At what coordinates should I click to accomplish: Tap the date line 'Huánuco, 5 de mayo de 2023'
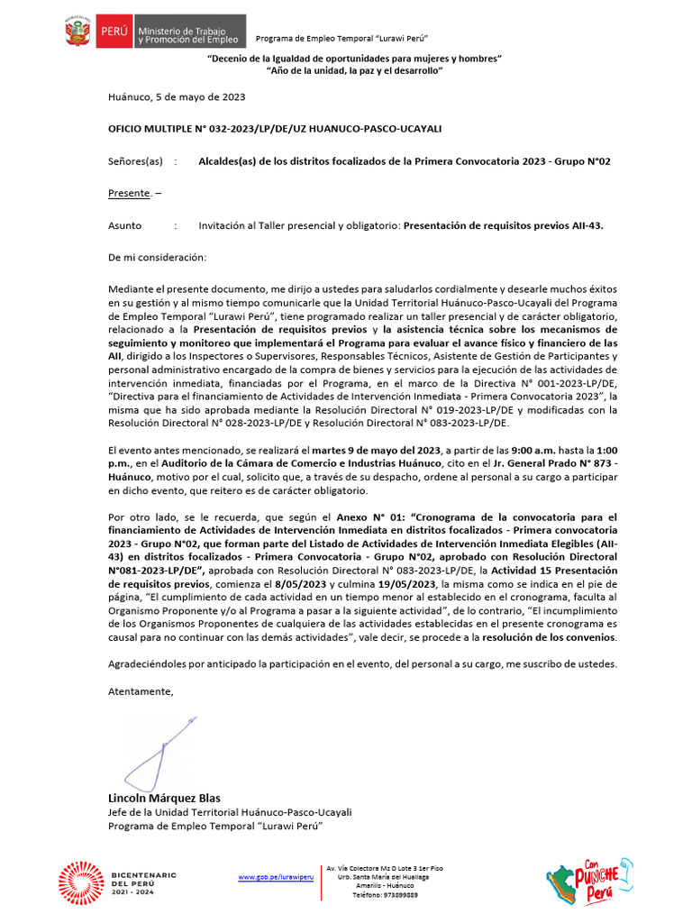177,96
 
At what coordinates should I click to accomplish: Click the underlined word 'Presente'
126,194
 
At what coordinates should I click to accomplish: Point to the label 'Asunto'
124,226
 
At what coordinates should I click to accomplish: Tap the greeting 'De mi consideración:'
157,258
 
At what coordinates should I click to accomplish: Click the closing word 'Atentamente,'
140,691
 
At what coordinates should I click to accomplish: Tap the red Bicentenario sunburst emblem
80,882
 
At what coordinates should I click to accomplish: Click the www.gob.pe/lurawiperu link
276,876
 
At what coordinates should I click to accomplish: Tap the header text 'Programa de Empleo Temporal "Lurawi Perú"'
341,38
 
